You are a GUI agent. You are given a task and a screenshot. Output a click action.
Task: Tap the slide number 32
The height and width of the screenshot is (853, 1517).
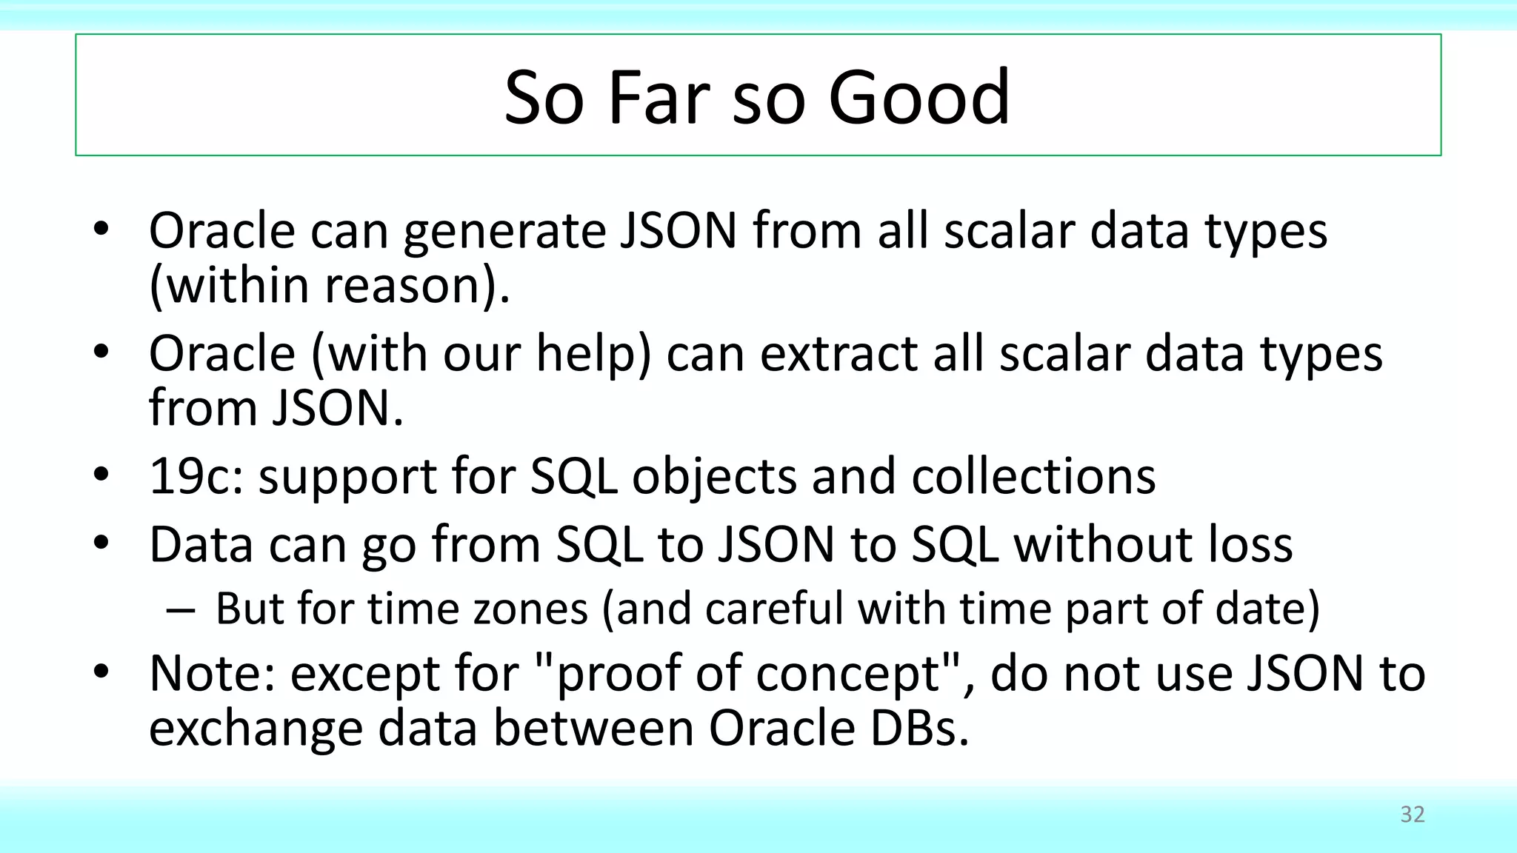(x=1413, y=814)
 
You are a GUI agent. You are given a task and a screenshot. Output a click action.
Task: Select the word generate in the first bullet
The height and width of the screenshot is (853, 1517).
(x=503, y=233)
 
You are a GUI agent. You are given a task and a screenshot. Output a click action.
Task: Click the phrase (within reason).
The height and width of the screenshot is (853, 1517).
(x=330, y=286)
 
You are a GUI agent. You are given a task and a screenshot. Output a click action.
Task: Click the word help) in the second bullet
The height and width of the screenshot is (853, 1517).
(x=593, y=354)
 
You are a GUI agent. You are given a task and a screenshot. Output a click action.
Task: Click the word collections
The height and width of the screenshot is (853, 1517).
(x=1033, y=476)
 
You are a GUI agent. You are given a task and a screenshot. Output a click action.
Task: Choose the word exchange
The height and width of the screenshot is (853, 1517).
(x=256, y=729)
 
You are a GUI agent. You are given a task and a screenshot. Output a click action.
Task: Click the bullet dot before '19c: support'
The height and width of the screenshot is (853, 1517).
(x=101, y=475)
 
